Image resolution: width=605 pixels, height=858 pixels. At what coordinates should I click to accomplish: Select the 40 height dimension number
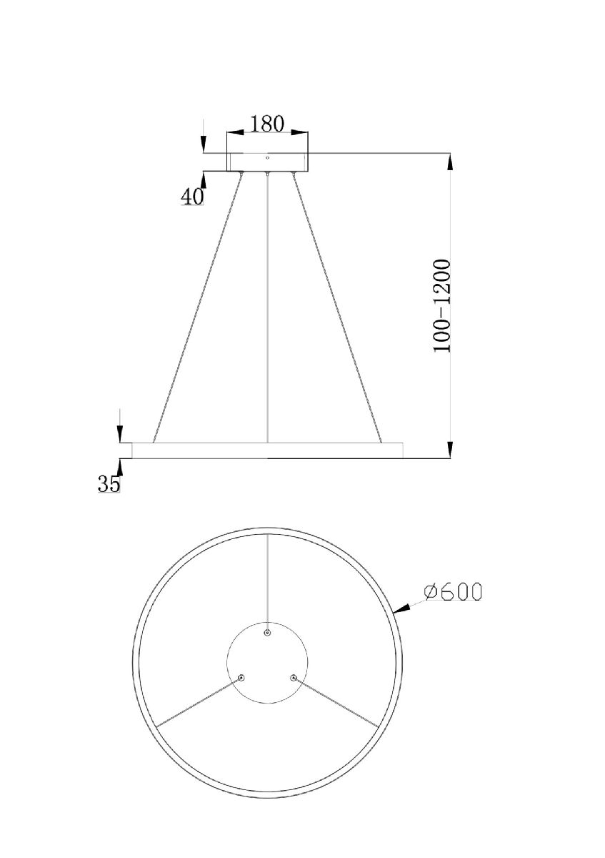point(191,197)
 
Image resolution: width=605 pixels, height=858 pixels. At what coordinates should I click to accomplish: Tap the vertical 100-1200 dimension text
point(442,305)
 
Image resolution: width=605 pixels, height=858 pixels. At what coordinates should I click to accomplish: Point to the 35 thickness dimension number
point(109,484)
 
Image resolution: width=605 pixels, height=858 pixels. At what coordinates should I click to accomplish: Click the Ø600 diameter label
point(452,592)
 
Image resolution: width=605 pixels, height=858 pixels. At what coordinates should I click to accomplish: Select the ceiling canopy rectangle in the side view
point(267,162)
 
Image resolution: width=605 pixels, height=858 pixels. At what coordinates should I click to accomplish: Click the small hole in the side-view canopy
point(267,157)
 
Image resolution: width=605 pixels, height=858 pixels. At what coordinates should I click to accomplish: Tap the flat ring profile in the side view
point(267,450)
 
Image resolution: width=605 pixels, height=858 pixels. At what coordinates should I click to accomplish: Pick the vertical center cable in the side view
point(267,307)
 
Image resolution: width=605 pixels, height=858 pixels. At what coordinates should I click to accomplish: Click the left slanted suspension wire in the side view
point(197,307)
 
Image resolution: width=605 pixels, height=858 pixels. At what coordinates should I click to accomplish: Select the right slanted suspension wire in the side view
point(337,307)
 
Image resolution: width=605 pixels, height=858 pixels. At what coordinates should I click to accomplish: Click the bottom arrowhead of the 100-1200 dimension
point(450,449)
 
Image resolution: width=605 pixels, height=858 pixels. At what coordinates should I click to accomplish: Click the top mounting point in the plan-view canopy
point(267,633)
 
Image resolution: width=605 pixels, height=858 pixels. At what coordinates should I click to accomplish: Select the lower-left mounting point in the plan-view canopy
point(241,677)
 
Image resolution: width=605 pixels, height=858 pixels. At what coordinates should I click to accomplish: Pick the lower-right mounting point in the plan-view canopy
point(293,677)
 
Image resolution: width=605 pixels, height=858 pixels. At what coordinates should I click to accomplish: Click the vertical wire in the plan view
point(267,579)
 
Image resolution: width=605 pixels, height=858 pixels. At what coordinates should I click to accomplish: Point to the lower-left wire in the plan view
point(199,702)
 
